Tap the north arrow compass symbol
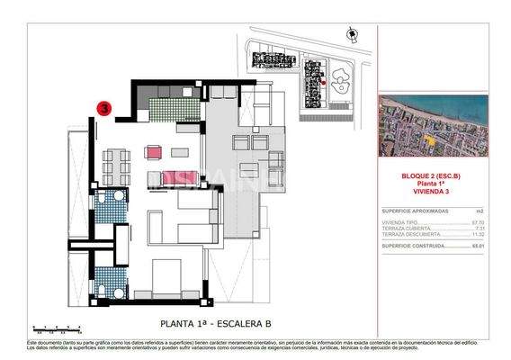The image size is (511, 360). (x=351, y=33)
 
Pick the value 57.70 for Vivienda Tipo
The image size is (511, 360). (x=478, y=221)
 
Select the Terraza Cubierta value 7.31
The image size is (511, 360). (x=480, y=228)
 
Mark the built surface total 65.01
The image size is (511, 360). (x=478, y=245)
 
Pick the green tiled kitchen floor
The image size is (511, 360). (x=166, y=112)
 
